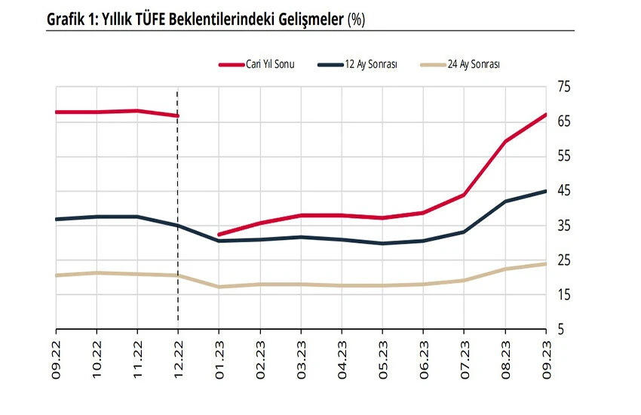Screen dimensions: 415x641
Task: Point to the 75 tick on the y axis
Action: pos(563,88)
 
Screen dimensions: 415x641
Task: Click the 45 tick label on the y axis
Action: pos(563,192)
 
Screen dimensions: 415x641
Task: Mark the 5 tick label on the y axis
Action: pos(560,330)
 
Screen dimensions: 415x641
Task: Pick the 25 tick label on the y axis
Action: pos(563,261)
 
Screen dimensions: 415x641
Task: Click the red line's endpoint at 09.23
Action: pos(545,115)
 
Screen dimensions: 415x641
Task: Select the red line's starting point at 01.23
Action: pos(219,235)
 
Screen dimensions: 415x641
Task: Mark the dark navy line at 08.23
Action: pos(505,201)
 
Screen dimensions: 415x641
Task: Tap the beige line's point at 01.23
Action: pos(219,287)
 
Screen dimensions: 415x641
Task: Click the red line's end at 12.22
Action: pos(177,115)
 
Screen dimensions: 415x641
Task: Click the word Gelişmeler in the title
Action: pos(307,20)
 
